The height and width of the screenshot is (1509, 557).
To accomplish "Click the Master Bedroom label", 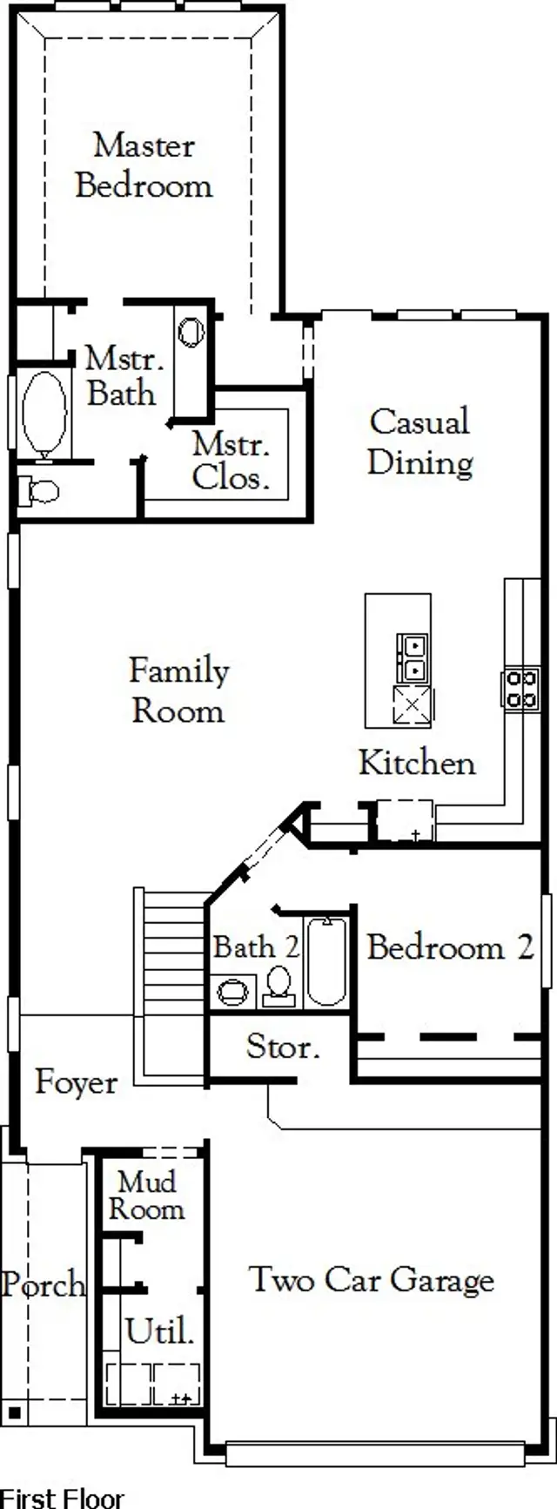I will (x=144, y=165).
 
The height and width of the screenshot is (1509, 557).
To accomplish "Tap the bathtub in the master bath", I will (x=44, y=413).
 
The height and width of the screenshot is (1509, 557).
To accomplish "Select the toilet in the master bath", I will (x=41, y=491).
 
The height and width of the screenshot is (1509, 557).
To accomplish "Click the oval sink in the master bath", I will (x=191, y=332).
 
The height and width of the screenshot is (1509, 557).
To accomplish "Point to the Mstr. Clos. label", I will (x=231, y=461).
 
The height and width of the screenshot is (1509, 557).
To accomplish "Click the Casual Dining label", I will (x=419, y=441).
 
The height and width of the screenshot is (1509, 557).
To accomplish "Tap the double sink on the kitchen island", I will (x=412, y=657).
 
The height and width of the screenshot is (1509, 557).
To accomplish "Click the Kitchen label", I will (x=417, y=763).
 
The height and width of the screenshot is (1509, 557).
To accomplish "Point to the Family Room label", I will (x=179, y=691).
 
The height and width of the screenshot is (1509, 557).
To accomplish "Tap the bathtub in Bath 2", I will (x=326, y=961).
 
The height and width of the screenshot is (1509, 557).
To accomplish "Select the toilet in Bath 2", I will (x=278, y=986).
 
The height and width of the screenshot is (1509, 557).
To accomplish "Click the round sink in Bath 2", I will (x=232, y=992).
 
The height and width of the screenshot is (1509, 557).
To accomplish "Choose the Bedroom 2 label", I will (x=450, y=947).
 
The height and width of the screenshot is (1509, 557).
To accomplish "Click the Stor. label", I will (x=282, y=1047).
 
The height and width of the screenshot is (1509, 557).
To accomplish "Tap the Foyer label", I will (x=76, y=1082).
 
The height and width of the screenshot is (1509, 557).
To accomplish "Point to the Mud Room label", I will (x=146, y=1196).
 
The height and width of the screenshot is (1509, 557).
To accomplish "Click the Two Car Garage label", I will (x=372, y=1279).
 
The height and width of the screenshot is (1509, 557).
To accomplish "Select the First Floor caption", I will (x=63, y=1498).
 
